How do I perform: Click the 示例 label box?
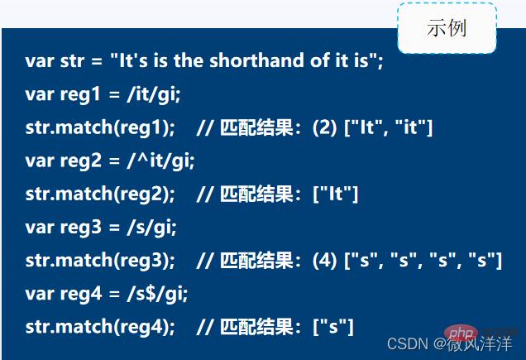point(447,28)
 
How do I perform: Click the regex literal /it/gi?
point(154,94)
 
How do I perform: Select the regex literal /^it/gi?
point(161,161)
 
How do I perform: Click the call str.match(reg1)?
point(100,127)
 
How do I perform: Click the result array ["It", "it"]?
point(388,127)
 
